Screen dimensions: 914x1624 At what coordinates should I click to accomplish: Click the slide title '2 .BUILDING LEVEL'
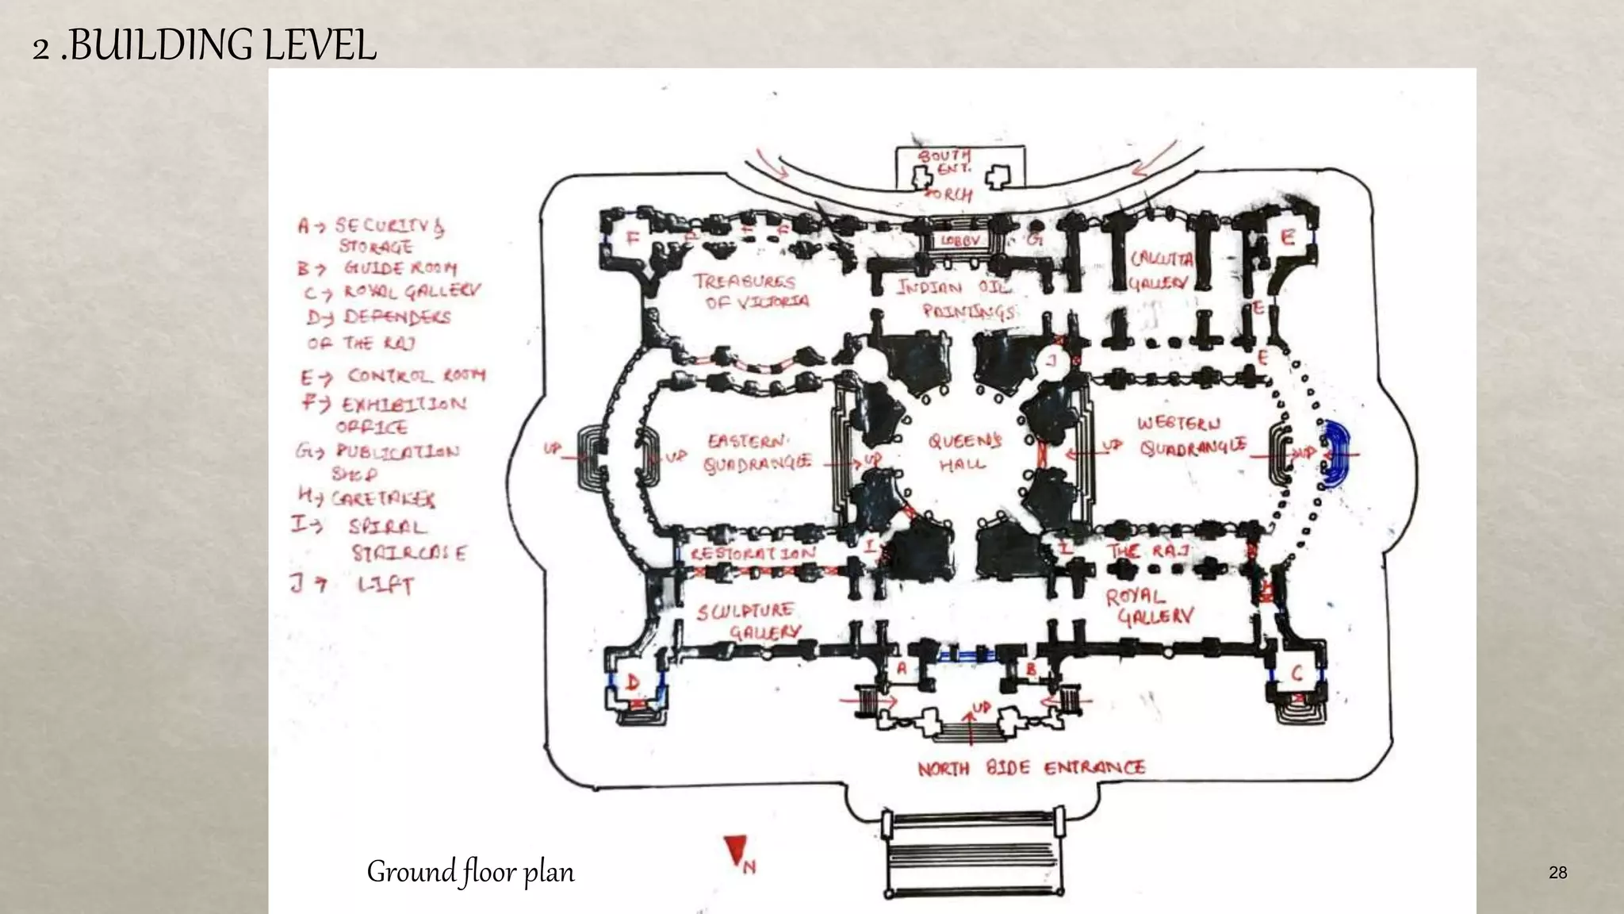[204, 45]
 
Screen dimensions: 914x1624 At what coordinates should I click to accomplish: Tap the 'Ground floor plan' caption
[470, 871]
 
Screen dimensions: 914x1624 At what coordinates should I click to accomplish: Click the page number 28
[1557, 873]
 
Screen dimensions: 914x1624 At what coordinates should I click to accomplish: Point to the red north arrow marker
[736, 851]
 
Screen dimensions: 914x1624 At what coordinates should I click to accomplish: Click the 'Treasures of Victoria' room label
[752, 291]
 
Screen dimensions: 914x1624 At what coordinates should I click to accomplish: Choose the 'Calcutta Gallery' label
[1161, 271]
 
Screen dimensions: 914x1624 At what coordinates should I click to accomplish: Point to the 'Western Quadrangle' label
[1191, 436]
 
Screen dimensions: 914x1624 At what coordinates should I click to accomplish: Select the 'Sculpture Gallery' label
[748, 620]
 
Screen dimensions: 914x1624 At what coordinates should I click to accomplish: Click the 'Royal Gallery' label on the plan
[1148, 606]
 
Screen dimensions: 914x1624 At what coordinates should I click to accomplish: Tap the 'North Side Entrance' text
[1031, 767]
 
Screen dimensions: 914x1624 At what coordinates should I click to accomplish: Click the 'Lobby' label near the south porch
[961, 240]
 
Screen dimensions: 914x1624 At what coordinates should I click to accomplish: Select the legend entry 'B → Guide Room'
[377, 268]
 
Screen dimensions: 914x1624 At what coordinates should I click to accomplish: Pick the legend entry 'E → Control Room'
[393, 375]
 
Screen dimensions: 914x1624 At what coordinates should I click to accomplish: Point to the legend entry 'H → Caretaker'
[366, 498]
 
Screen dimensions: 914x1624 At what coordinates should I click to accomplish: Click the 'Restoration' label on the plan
[752, 553]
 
